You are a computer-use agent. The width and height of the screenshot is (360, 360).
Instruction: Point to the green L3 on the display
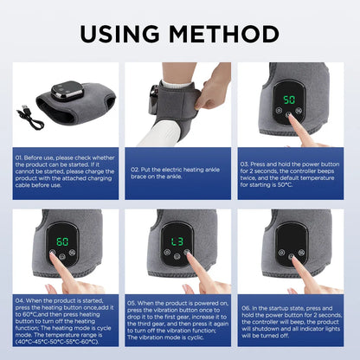pos(177,240)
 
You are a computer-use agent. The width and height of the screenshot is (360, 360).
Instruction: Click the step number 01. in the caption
pos(20,158)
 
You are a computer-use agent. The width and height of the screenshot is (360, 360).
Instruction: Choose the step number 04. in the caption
pos(20,301)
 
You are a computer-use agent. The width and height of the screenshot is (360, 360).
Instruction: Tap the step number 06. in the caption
pos(247,307)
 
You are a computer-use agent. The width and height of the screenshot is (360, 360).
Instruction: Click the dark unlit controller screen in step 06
pos(291,238)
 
